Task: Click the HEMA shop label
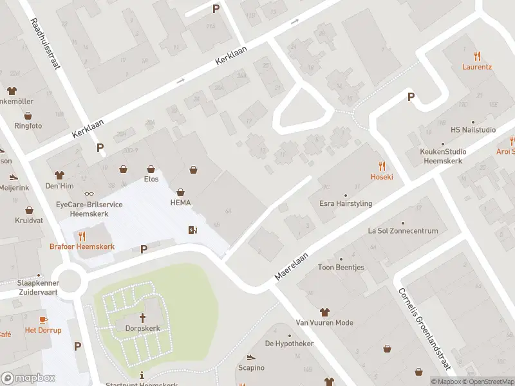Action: click(x=180, y=203)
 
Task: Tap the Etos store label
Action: click(x=151, y=179)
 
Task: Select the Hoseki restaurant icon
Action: click(x=382, y=166)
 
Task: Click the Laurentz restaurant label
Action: click(x=476, y=66)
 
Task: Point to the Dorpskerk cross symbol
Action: click(x=142, y=318)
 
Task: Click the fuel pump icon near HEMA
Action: click(x=192, y=230)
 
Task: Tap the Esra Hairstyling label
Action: click(x=346, y=204)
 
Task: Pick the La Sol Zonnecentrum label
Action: click(x=402, y=231)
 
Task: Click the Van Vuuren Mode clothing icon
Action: click(x=324, y=312)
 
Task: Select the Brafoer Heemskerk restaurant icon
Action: click(x=82, y=236)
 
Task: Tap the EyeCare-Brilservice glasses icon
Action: click(x=89, y=193)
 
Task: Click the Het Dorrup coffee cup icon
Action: click(x=43, y=320)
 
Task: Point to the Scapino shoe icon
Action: click(x=251, y=357)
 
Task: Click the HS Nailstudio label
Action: click(x=473, y=130)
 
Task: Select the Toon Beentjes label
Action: click(x=341, y=268)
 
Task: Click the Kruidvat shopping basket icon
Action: click(x=29, y=210)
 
